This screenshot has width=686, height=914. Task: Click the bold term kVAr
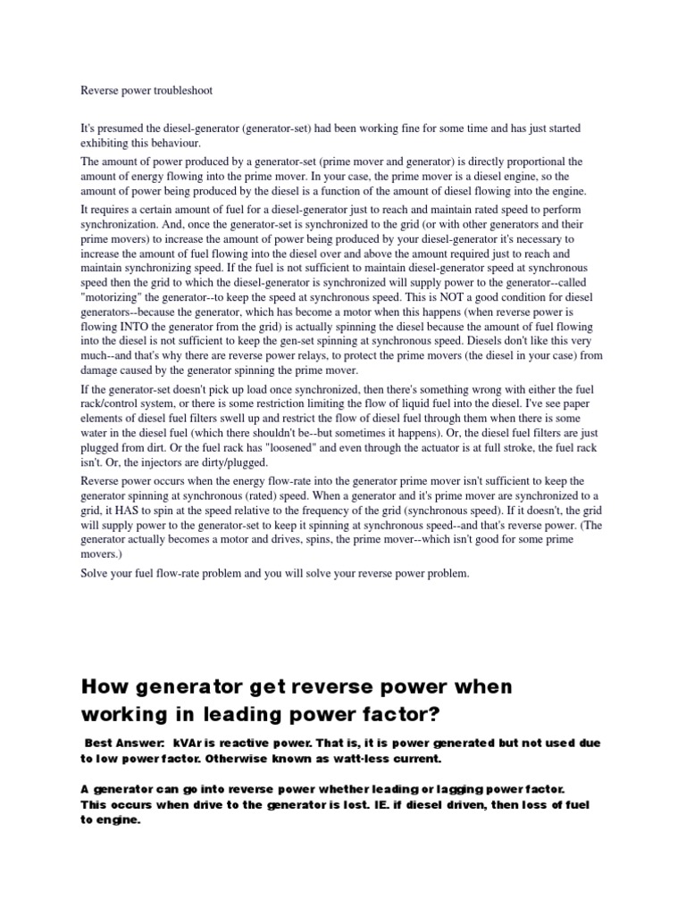coord(192,743)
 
